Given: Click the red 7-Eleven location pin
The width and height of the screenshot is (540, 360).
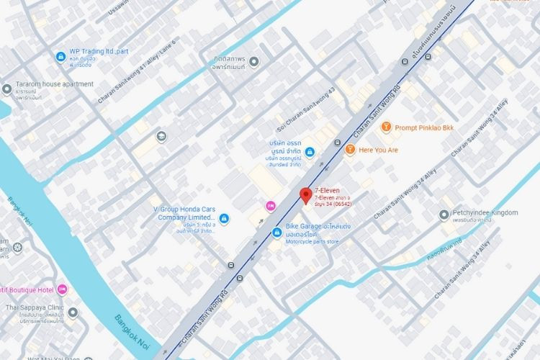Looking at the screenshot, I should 305,195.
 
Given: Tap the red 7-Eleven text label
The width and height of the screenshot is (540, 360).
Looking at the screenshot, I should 327,190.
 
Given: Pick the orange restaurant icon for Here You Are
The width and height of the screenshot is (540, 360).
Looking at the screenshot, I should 350,150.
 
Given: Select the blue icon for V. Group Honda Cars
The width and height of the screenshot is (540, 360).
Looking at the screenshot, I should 224,217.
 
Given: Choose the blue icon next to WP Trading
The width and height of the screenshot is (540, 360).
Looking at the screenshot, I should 60,57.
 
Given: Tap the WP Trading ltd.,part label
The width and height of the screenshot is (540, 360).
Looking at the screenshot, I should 99,52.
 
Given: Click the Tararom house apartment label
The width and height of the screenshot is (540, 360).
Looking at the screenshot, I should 55,84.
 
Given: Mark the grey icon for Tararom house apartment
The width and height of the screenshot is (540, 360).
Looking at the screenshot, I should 7,89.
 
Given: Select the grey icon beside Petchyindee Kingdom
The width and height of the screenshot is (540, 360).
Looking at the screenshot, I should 444,214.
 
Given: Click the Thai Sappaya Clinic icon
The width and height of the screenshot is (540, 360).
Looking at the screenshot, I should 73,312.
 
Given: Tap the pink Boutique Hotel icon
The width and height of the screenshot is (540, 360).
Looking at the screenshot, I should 62,289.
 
